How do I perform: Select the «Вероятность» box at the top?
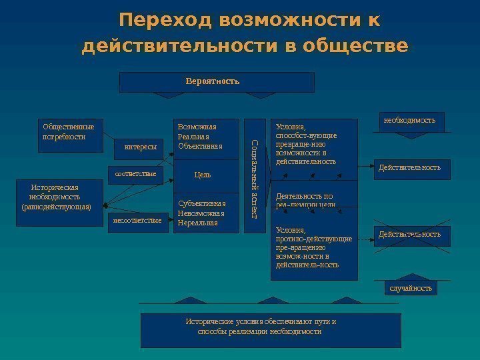[212, 82]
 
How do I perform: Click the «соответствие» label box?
[135, 174]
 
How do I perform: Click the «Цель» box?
[202, 175]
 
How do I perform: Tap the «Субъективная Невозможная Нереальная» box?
[203, 213]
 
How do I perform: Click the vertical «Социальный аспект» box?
[254, 176]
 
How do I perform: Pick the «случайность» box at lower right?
[411, 288]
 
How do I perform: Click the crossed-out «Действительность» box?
[410, 235]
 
